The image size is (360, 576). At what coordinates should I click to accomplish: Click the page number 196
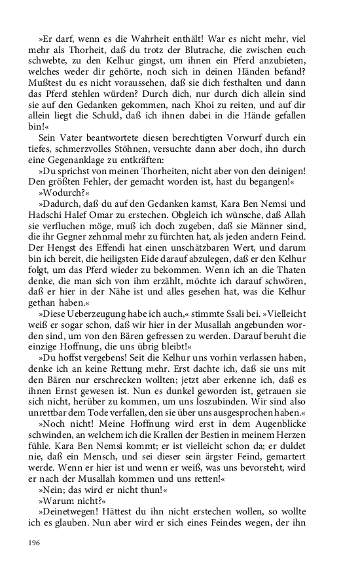pos(33,542)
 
